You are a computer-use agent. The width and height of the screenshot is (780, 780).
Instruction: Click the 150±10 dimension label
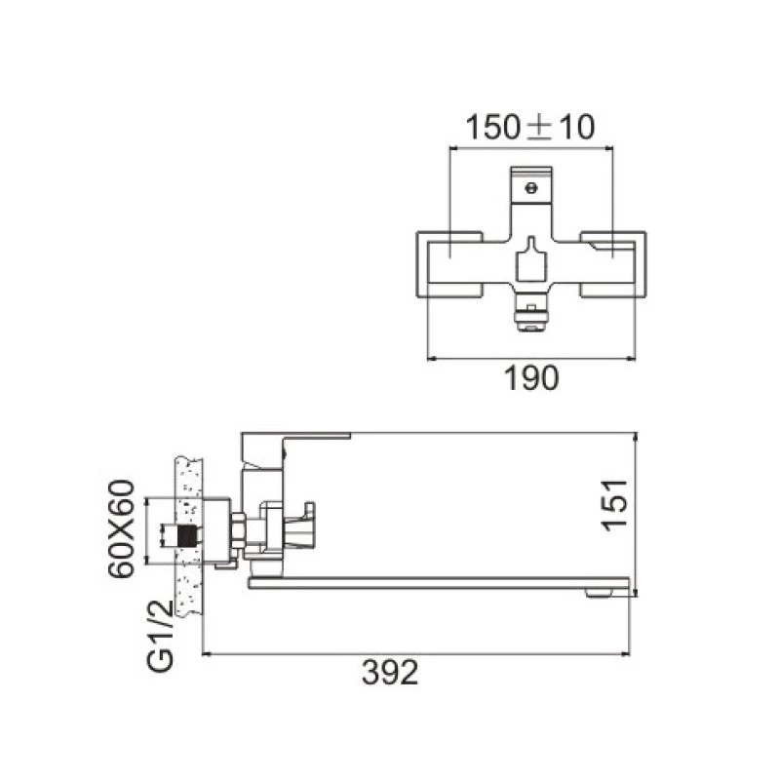click(530, 127)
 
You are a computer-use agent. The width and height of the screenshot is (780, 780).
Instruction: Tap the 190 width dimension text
click(531, 378)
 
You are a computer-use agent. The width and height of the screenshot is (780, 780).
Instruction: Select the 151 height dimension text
click(615, 505)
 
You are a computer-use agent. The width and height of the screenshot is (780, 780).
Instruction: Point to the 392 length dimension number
click(391, 673)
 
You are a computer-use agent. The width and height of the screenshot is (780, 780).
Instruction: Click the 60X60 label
click(121, 528)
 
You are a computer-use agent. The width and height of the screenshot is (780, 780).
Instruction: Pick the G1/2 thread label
click(161, 637)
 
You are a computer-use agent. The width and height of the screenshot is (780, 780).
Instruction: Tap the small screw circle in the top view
click(531, 188)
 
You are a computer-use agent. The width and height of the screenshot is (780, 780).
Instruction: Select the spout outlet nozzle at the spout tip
click(601, 593)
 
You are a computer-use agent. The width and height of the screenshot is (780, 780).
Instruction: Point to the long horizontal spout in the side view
click(439, 583)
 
